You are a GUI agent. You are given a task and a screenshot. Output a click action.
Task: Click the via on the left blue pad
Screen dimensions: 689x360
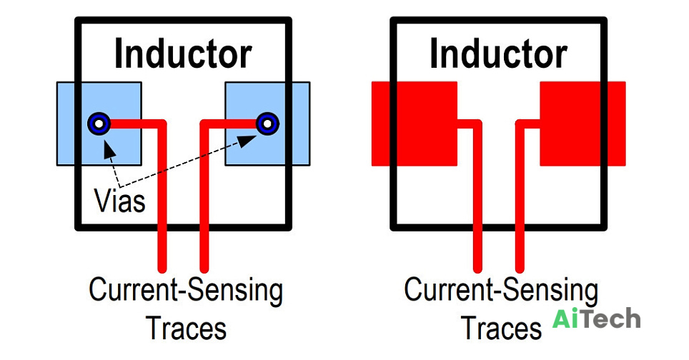[x=99, y=124]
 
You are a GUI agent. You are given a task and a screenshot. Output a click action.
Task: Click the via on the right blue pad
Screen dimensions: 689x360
[x=267, y=124]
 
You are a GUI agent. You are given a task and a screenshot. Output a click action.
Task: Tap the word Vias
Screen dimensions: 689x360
[x=119, y=201]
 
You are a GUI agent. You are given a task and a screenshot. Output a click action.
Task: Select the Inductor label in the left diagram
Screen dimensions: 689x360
[x=183, y=54]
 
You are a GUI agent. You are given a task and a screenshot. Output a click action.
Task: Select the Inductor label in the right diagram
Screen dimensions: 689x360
[x=499, y=54]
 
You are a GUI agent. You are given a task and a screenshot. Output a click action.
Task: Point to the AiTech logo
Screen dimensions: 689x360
[x=596, y=319]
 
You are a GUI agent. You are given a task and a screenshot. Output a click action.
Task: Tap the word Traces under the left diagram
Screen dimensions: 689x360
[x=187, y=329]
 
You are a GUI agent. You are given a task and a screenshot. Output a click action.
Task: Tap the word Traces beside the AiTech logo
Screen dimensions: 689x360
[x=501, y=329]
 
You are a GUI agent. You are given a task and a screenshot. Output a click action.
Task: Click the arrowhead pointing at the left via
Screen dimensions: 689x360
[x=109, y=149]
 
